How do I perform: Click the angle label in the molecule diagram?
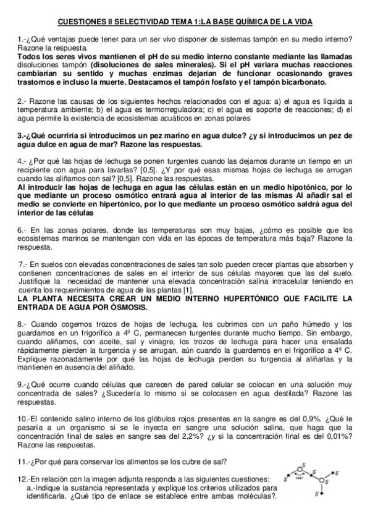coord(300,478)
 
